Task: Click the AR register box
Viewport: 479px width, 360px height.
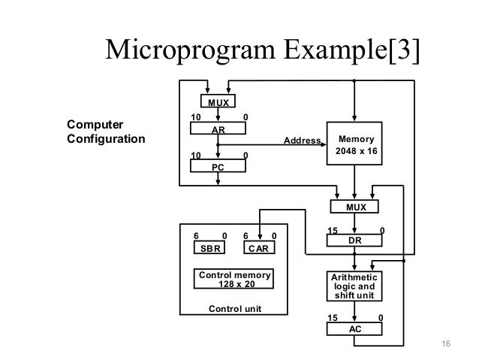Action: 218,129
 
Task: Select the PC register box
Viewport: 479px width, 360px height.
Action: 218,166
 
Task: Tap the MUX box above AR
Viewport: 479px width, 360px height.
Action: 218,101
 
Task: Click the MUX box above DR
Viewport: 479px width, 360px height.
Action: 354,207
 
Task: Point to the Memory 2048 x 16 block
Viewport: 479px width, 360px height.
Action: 354,144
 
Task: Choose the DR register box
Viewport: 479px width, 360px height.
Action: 354,241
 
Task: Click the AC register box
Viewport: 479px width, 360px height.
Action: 354,329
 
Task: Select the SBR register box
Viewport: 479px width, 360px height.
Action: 209,247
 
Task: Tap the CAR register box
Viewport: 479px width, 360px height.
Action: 259,247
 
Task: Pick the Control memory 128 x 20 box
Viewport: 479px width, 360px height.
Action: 233,279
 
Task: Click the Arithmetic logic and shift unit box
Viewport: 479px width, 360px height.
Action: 354,286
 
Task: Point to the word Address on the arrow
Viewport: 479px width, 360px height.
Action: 302,141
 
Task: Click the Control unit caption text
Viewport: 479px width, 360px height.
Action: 235,309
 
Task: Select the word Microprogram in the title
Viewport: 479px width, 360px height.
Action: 190,50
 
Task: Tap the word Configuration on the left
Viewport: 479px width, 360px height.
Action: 106,139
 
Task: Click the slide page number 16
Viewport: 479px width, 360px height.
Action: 446,343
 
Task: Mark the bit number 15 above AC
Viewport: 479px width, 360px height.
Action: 333,318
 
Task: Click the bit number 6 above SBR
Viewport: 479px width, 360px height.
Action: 196,236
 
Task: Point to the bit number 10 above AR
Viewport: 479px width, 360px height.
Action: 196,117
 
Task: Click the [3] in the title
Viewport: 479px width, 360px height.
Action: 404,50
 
